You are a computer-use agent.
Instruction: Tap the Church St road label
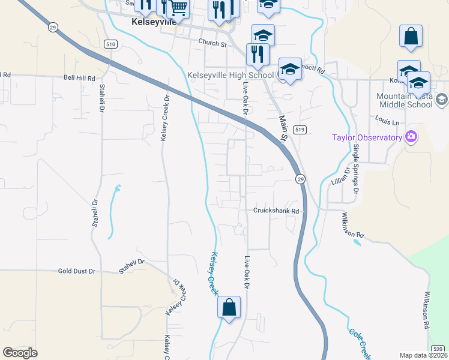(212, 43)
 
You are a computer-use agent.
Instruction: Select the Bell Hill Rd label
(80, 78)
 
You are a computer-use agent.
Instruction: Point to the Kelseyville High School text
(231, 75)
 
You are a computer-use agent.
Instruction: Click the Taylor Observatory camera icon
(411, 137)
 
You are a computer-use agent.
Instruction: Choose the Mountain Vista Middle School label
(404, 100)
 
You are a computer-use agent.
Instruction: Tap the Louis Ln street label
(387, 122)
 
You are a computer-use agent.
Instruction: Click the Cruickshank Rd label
(275, 211)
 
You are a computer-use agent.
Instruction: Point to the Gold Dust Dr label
(76, 271)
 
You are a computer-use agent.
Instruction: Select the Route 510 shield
(110, 44)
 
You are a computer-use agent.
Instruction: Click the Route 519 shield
(300, 130)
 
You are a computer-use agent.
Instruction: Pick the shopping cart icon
(178, 8)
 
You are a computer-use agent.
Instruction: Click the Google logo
(20, 353)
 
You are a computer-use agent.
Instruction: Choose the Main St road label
(283, 130)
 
